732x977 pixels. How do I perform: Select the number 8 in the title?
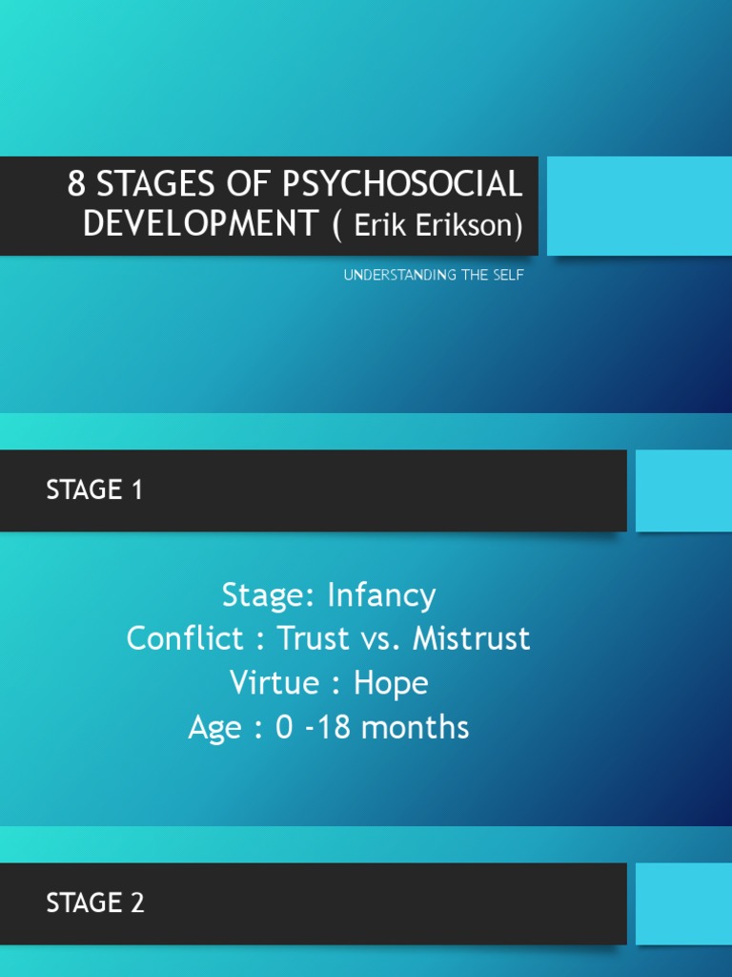(x=76, y=183)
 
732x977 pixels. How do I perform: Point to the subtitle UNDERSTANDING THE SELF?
(x=434, y=276)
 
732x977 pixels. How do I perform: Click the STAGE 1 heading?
(x=94, y=490)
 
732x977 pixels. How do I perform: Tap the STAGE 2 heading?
(x=95, y=903)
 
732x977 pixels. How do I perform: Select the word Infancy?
(x=381, y=595)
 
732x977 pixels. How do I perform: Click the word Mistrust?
(x=471, y=638)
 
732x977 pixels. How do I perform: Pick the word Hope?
(x=391, y=683)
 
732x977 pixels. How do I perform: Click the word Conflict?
(x=186, y=638)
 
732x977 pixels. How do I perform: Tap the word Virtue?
(x=275, y=683)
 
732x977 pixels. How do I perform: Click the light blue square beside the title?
(x=639, y=206)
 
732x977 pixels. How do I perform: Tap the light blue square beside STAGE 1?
(x=683, y=490)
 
